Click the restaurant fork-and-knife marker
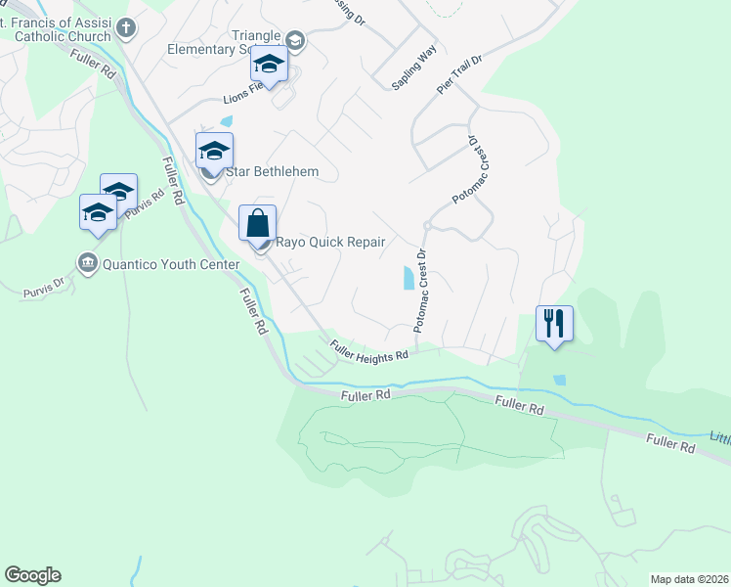point(554,323)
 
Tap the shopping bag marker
point(258,223)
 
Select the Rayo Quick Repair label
point(331,243)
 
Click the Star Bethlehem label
point(273,172)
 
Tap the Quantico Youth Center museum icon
point(87,263)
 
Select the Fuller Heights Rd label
point(368,350)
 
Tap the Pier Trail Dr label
point(460,75)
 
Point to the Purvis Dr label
point(44,288)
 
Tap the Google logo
point(32,575)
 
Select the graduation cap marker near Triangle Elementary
point(269,65)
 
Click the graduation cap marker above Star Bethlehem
point(214,152)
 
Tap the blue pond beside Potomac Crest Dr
point(408,279)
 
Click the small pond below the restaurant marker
point(558,380)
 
